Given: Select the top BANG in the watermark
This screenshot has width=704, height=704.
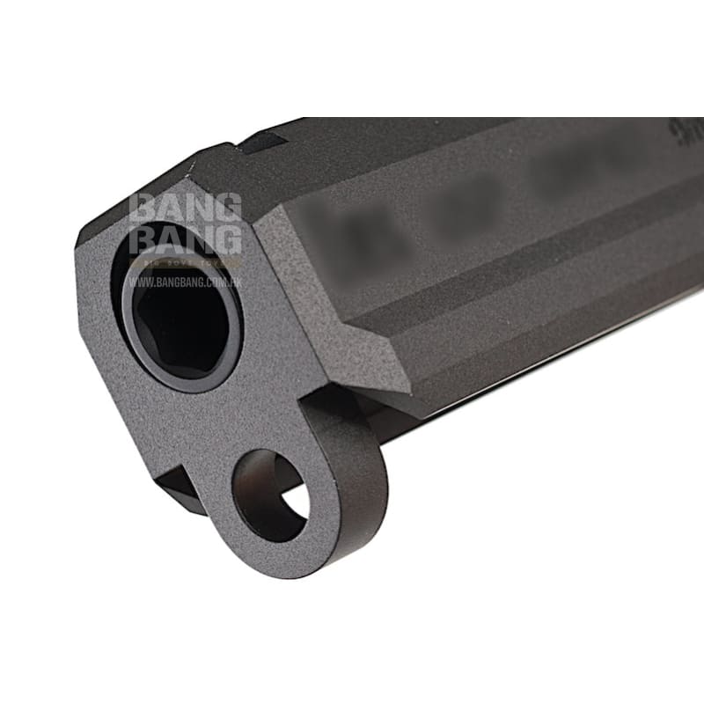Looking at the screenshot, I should [x=185, y=210].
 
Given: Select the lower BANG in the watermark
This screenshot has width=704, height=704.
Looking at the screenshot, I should [x=185, y=238].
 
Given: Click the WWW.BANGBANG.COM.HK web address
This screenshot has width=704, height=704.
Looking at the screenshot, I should [x=185, y=282].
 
